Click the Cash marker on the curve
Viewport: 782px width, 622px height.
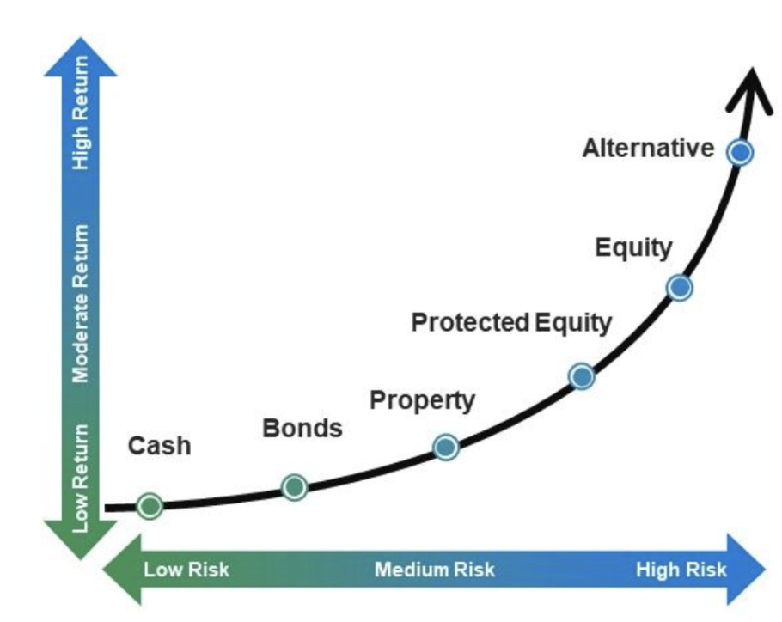click(150, 506)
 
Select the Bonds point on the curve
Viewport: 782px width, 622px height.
click(294, 487)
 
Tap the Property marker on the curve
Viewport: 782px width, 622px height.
click(446, 447)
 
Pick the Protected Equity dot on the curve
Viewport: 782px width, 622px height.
click(582, 376)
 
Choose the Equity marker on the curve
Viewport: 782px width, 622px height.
click(679, 287)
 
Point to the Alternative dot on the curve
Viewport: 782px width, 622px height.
click(740, 152)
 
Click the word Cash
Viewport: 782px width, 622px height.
click(160, 446)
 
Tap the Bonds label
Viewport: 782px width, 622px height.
click(302, 428)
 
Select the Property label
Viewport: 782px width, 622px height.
click(422, 401)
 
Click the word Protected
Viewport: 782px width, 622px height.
click(470, 322)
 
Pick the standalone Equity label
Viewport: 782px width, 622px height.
click(633, 248)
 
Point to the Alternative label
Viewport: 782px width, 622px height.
click(648, 148)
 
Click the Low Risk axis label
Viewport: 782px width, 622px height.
click(186, 570)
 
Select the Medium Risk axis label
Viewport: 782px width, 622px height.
click(434, 570)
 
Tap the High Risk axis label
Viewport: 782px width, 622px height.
click(681, 570)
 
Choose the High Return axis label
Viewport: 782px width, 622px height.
click(81, 113)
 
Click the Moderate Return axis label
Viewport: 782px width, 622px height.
click(81, 303)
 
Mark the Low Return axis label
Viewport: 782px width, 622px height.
click(81, 478)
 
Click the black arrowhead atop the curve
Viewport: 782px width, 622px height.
click(751, 89)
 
